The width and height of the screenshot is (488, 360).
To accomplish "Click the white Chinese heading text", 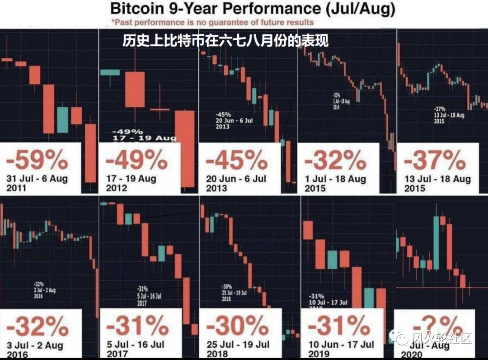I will coord(225,41).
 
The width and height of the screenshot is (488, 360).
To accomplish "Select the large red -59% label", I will coord(37,160).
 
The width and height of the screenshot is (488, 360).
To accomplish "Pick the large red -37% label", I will coord(435,160).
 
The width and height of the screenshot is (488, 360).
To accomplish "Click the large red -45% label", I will coord(236,160).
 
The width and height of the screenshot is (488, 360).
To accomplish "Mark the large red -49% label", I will coord(136,160).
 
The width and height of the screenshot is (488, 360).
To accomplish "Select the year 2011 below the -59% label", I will coord(17,188).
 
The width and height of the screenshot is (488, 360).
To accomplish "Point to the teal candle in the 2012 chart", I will coord(109,72).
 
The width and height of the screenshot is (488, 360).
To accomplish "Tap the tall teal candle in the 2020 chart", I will coord(436,243).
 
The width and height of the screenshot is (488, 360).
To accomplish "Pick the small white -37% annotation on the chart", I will coord(439,109).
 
